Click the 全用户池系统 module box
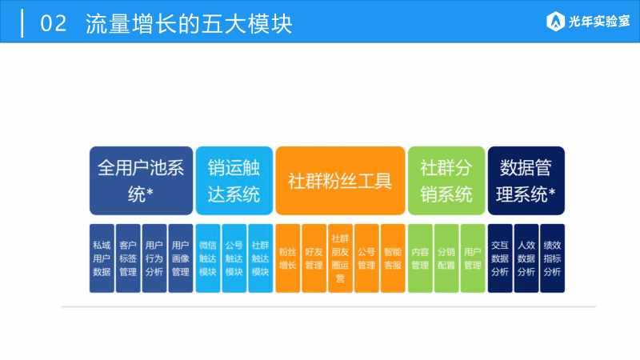[142, 181]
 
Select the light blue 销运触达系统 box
[234, 181]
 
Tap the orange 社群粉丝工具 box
[340, 181]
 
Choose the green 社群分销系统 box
[446, 181]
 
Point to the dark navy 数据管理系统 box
[526, 181]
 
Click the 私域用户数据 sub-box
[102, 258]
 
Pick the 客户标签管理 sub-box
[128, 258]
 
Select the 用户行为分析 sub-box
[154, 258]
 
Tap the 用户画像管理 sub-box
[181, 258]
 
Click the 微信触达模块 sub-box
[208, 258]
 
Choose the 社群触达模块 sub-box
[261, 258]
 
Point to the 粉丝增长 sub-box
[288, 258]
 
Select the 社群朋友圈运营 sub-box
[341, 258]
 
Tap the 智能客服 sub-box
[393, 258]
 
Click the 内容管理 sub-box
[420, 258]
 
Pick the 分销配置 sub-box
[446, 258]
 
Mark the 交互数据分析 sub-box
[500, 258]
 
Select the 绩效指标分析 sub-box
[552, 258]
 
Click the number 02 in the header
[53, 23]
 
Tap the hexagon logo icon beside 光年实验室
[555, 22]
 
